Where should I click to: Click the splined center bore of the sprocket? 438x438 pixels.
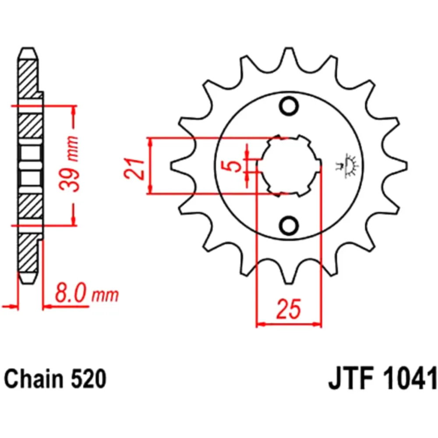(289, 166)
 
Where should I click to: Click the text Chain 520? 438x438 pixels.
(55, 379)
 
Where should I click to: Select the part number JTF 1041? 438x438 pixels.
(382, 379)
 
